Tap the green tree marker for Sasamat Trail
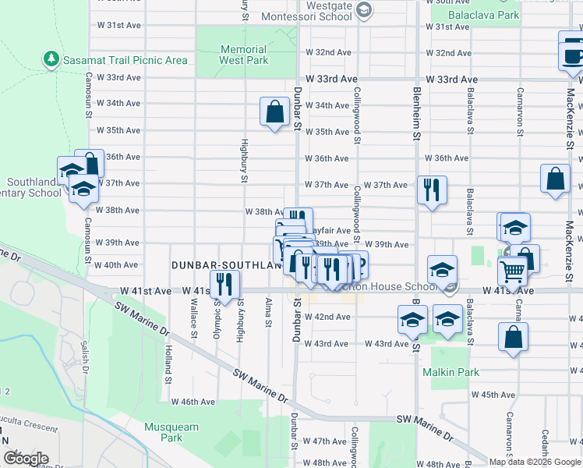pyautogui.click(x=51, y=59)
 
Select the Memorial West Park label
pyautogui.click(x=243, y=55)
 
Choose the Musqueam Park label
pyautogui.click(x=171, y=432)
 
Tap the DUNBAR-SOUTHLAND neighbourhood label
pyautogui.click(x=226, y=266)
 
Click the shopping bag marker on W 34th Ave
pyautogui.click(x=275, y=111)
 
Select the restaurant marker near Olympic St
pyautogui.click(x=223, y=285)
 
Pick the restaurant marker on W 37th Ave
pyautogui.click(x=431, y=190)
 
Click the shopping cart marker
pyautogui.click(x=512, y=271)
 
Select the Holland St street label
pyautogui.click(x=168, y=367)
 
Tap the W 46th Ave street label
pyautogui.click(x=193, y=402)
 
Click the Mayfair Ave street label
pyautogui.click(x=330, y=231)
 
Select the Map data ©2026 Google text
pyautogui.click(x=534, y=462)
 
